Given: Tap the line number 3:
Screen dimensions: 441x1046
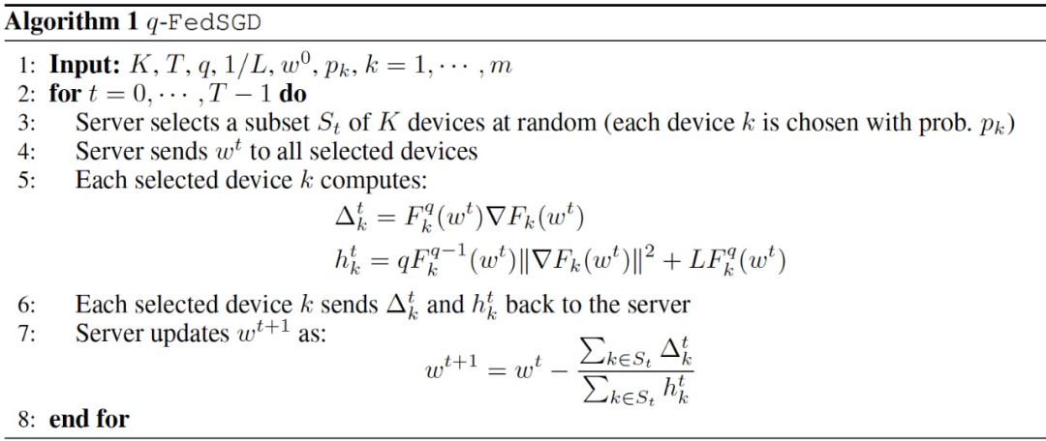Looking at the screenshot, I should click(x=27, y=124).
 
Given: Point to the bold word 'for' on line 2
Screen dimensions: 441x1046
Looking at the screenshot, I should click(x=65, y=95).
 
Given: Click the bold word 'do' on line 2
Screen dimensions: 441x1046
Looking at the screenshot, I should click(x=292, y=95).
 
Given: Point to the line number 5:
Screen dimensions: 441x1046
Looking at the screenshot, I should click(x=27, y=181).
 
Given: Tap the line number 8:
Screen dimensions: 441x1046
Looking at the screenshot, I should click(x=27, y=419).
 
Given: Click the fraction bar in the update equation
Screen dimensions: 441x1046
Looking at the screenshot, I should click(x=635, y=370).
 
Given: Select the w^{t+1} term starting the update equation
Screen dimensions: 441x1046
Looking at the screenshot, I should click(x=451, y=369).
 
